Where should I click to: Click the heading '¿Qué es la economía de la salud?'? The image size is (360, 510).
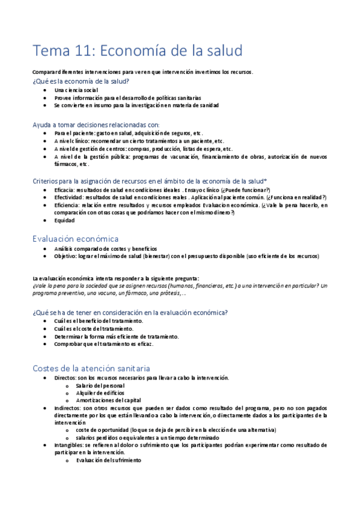click(81, 81)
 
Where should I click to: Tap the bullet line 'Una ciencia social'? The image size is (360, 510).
click(76, 90)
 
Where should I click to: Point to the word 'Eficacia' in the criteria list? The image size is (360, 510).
click(65, 189)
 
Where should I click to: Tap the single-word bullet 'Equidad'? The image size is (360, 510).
click(64, 220)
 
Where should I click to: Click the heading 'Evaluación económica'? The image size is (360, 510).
click(76, 238)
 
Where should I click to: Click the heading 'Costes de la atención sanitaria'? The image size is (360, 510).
click(91, 367)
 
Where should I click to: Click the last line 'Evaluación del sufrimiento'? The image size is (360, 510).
click(108, 460)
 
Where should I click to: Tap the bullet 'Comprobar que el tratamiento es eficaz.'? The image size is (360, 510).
click(103, 344)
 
